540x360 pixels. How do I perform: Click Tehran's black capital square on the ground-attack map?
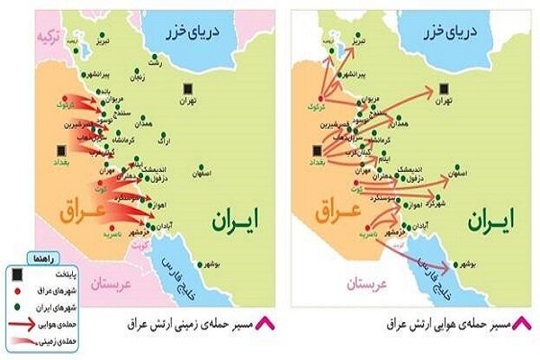pos(187,88)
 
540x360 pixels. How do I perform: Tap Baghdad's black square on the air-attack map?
pos(317,149)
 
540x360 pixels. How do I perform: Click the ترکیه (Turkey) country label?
pos(48,37)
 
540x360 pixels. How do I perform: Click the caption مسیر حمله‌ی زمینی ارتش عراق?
pos(194,322)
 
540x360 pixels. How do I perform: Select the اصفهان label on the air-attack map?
pos(473,171)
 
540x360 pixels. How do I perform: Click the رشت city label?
pos(156,66)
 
